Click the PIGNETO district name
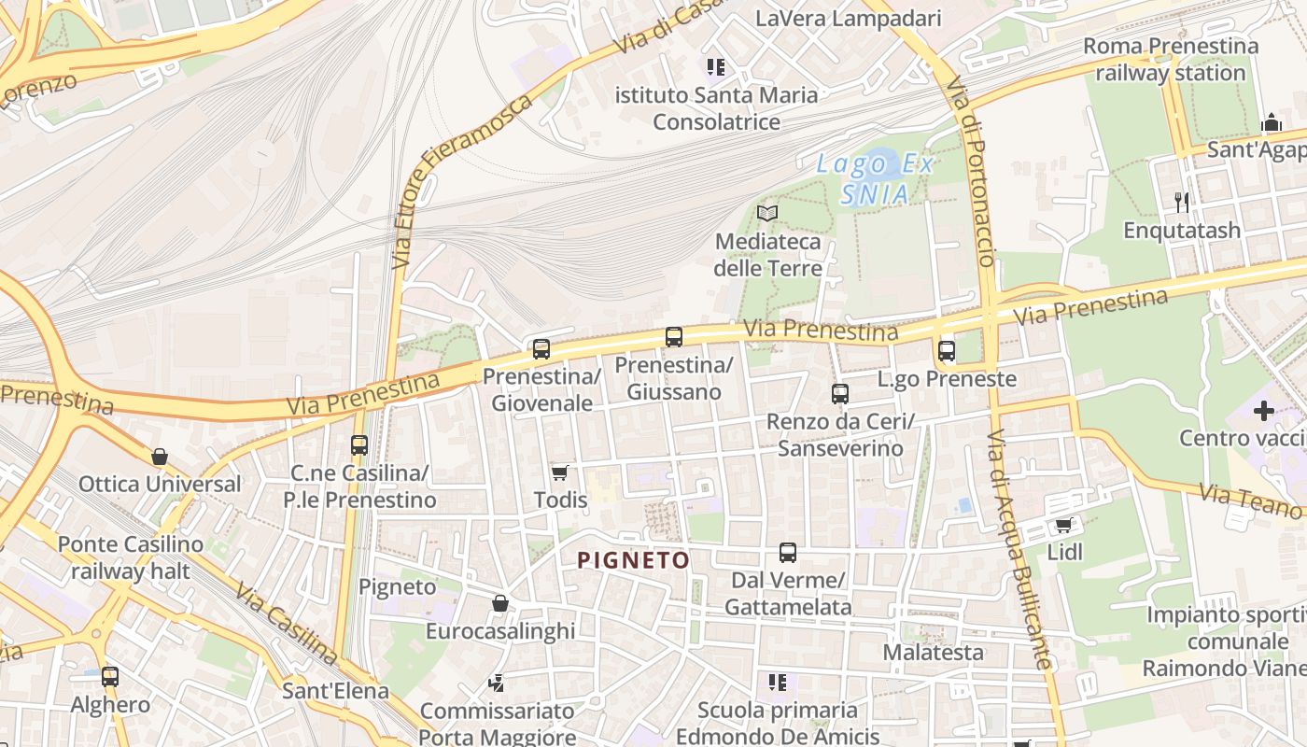click(633, 560)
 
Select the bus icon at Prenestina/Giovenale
click(541, 349)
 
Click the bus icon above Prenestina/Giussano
click(674, 337)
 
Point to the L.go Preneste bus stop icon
click(947, 351)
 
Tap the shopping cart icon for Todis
click(560, 472)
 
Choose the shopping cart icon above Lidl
click(1063, 525)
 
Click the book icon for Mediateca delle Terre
click(767, 214)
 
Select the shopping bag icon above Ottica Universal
click(160, 457)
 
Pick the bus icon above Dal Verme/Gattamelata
click(788, 553)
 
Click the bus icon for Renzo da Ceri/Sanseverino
click(840, 394)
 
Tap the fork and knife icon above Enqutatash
click(1182, 202)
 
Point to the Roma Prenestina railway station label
click(1171, 59)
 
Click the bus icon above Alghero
click(110, 677)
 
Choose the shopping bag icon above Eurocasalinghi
click(500, 603)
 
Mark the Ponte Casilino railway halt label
click(131, 557)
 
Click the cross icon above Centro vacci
click(1264, 410)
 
